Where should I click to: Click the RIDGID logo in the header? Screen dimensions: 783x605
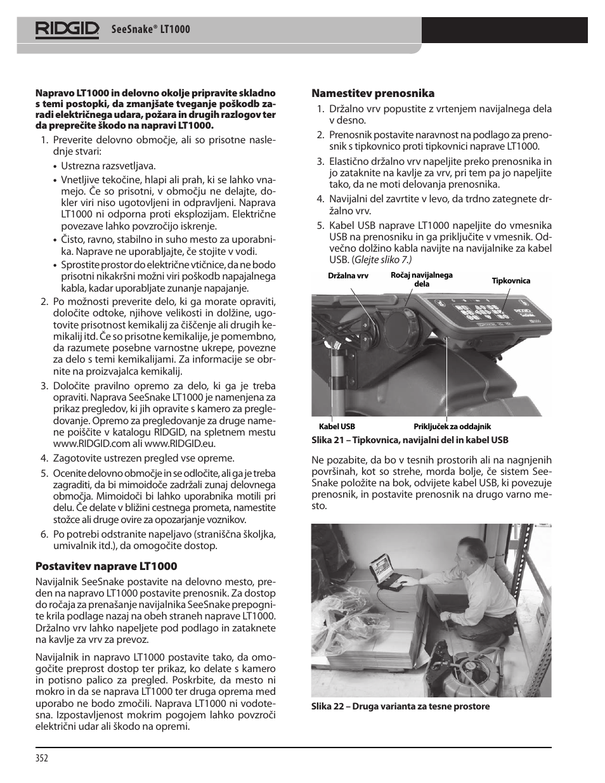click(x=67, y=29)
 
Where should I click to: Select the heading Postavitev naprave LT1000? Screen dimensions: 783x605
click(x=106, y=566)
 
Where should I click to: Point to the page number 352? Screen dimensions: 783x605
click(x=42, y=758)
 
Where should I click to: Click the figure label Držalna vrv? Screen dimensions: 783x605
click(x=348, y=276)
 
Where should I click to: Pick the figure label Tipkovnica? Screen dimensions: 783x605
click(x=511, y=281)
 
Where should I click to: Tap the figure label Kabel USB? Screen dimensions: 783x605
click(x=337, y=427)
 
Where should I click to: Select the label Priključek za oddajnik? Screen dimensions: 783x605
click(x=452, y=427)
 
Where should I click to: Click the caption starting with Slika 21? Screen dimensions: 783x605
click(x=410, y=440)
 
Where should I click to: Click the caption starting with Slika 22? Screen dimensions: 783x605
click(x=400, y=706)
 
